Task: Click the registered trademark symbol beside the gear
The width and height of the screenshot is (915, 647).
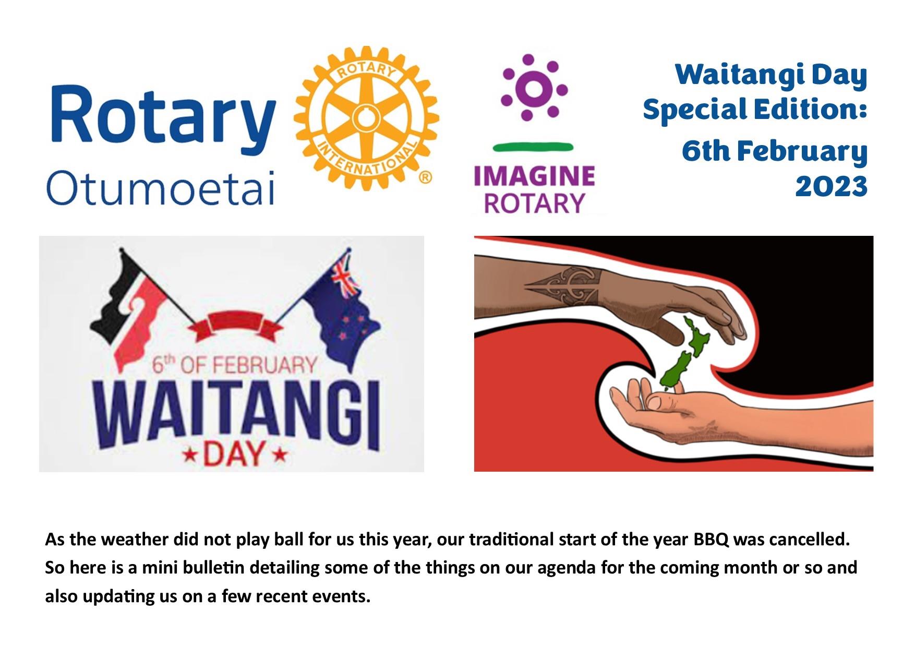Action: click(426, 177)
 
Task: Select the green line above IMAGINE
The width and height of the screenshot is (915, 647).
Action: click(533, 147)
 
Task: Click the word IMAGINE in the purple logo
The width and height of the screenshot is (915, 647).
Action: click(534, 176)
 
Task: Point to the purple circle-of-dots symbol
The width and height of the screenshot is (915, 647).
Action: click(534, 87)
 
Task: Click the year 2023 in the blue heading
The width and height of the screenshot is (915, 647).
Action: click(831, 186)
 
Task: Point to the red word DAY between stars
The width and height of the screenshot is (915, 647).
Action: click(233, 453)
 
